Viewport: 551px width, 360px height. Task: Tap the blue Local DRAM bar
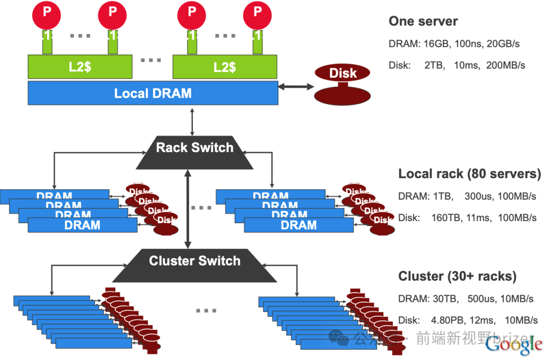coord(153,93)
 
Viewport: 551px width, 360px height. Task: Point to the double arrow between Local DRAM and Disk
coord(296,87)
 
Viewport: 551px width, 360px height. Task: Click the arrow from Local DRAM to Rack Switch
coord(192,121)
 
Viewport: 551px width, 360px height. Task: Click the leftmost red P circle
coord(47,14)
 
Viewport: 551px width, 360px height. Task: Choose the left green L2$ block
coord(80,67)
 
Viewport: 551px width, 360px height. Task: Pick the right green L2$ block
coord(225,67)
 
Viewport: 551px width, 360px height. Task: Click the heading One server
coord(423,21)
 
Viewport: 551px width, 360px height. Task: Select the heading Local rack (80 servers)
coord(469,174)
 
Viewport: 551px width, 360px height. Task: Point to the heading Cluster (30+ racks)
coord(457,277)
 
